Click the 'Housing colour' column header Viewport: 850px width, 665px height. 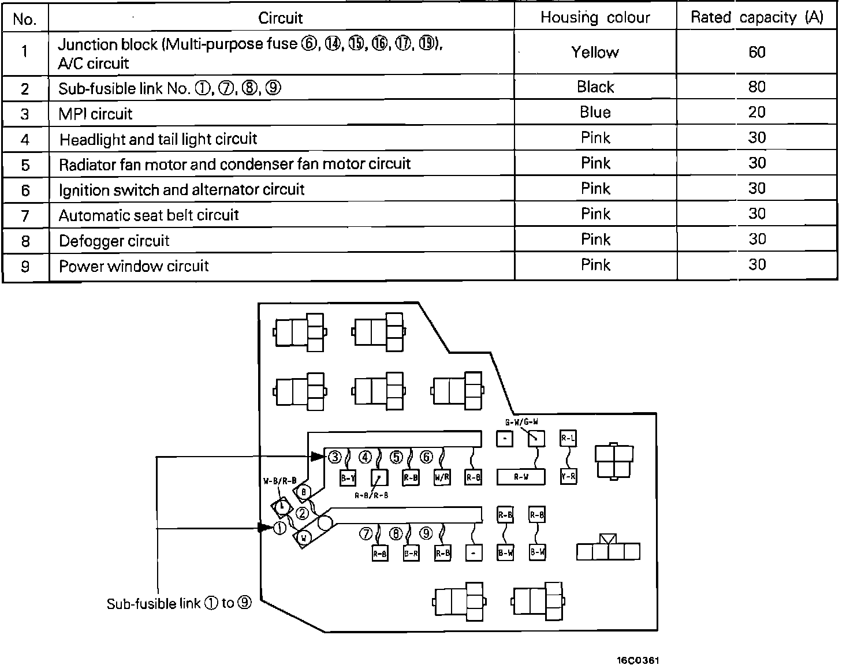click(x=595, y=18)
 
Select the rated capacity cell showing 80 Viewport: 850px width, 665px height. click(x=756, y=87)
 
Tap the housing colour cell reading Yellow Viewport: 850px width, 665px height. click(x=595, y=53)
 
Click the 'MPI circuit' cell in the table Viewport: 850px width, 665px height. click(x=96, y=114)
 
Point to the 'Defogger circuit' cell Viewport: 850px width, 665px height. click(x=114, y=241)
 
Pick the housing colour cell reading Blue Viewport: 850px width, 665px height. click(x=595, y=112)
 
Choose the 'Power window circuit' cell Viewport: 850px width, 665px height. click(x=134, y=266)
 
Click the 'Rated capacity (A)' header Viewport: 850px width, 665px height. click(x=756, y=18)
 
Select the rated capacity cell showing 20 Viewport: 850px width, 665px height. click(x=756, y=112)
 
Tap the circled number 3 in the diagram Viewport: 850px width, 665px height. click(x=335, y=457)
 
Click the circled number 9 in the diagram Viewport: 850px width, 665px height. click(x=426, y=533)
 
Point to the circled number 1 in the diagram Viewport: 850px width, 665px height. click(x=279, y=528)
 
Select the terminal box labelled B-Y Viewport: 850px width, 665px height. click(x=348, y=477)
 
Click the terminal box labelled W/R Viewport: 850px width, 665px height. click(x=442, y=477)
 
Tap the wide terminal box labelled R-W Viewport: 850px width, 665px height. click(x=521, y=477)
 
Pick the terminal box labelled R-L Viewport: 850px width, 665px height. click(x=568, y=439)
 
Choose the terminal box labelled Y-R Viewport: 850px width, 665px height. click(x=568, y=477)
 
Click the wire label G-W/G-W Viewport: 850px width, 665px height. click(x=521, y=422)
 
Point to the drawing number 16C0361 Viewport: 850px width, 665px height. click(x=637, y=660)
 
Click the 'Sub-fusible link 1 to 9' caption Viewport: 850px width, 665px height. click(x=179, y=604)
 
